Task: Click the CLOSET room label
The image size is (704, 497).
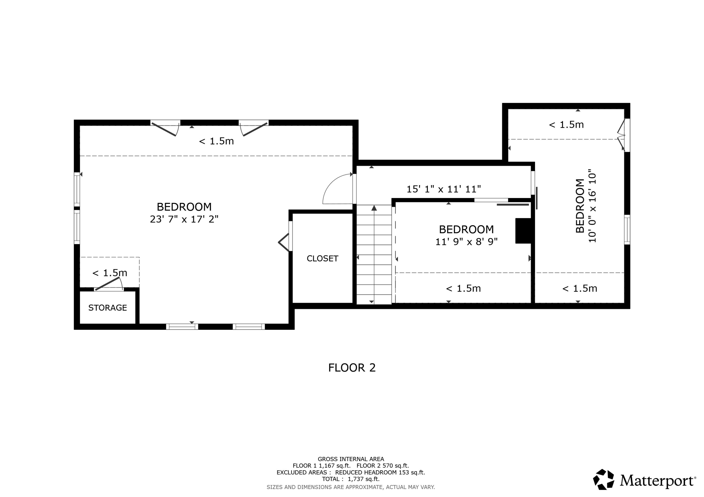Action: (x=322, y=258)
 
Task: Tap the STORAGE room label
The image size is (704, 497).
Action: (x=108, y=308)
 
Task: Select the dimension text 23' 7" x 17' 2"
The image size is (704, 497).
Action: (x=184, y=219)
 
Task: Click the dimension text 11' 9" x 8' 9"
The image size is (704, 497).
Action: (x=466, y=242)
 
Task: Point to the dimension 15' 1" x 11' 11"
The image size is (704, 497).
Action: (x=443, y=189)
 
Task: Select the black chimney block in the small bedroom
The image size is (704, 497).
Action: (x=523, y=231)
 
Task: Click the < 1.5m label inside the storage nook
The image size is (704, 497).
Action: (x=110, y=273)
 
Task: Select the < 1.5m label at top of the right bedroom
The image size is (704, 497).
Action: (x=566, y=125)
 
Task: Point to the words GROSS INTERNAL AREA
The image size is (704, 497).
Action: (x=351, y=459)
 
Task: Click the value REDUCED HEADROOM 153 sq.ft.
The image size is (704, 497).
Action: (x=380, y=472)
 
